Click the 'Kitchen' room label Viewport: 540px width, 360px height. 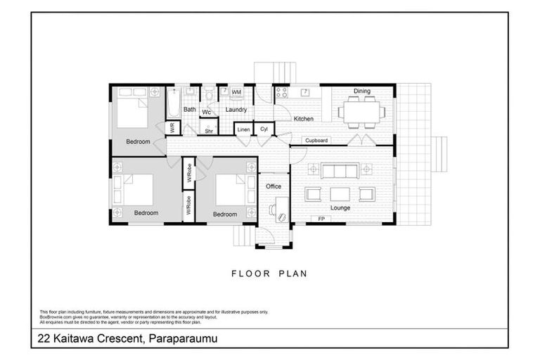(303, 119)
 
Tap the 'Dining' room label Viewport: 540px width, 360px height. (361, 91)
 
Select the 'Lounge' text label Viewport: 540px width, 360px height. (340, 208)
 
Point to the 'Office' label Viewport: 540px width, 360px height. (274, 186)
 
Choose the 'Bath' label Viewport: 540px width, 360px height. (190, 110)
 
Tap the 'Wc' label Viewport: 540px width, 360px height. (207, 112)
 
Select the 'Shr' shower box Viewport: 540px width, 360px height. (209, 129)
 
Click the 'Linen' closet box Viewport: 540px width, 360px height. (243, 129)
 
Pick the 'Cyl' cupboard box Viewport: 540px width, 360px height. (264, 129)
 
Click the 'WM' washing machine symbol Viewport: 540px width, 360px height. (236, 92)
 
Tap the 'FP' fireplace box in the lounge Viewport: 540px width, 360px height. (321, 219)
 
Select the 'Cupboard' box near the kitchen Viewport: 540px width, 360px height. (316, 141)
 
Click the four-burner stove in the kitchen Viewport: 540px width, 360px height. (282, 93)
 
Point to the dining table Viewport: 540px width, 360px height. (361, 110)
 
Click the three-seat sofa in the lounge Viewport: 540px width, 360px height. (340, 170)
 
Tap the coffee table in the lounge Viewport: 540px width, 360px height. (340, 194)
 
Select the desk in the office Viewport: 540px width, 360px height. (281, 208)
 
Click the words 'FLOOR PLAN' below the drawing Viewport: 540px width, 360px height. (269, 274)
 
